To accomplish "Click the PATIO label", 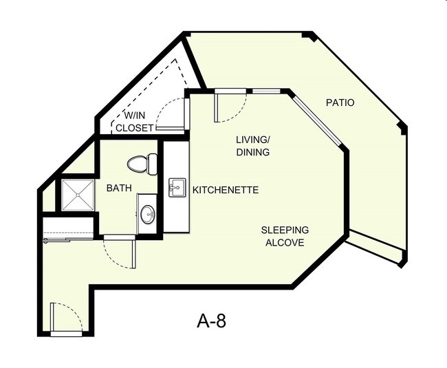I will pyautogui.click(x=340, y=103).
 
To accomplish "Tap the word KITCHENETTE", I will pyautogui.click(x=225, y=190).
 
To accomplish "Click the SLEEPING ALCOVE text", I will pyautogui.click(x=285, y=236).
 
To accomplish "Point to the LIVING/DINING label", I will pyautogui.click(x=252, y=146).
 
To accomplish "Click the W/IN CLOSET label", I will pyautogui.click(x=134, y=121).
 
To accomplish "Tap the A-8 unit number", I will pyautogui.click(x=211, y=320).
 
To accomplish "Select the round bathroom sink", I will pyautogui.click(x=147, y=215).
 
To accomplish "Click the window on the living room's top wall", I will pyautogui.click(x=265, y=91).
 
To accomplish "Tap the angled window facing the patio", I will pyautogui.click(x=318, y=120).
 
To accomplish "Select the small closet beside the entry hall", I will pyautogui.click(x=68, y=225).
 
